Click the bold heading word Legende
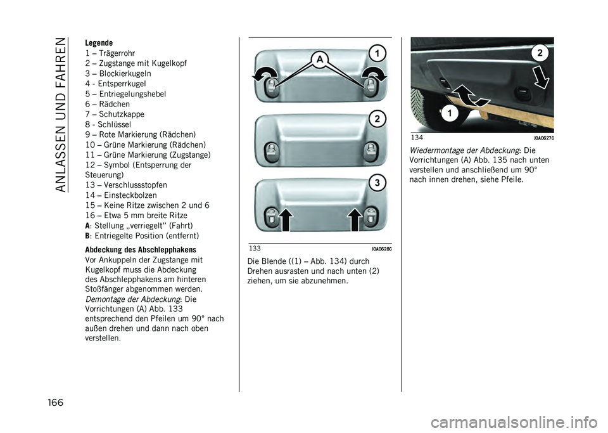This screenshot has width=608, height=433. tap(99, 42)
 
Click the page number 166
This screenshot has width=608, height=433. tap(55, 403)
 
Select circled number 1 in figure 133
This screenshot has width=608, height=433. tap(376, 53)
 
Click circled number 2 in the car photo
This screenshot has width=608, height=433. tap(540, 53)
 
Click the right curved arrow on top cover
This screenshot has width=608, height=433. tap(374, 74)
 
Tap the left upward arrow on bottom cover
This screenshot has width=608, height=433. tap(285, 219)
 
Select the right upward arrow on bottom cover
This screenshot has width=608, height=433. tap(355, 219)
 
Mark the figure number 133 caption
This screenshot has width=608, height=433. tap(255, 249)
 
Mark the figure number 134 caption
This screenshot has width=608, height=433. tap(417, 138)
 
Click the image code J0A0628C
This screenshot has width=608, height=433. tap(381, 249)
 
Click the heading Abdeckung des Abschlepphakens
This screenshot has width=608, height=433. tap(141, 250)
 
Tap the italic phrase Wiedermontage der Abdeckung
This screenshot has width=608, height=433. tap(464, 150)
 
